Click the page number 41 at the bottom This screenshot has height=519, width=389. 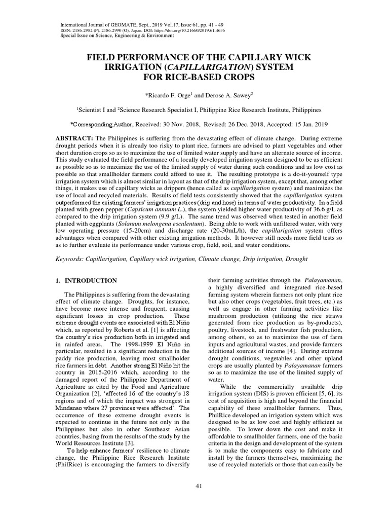point(199,487)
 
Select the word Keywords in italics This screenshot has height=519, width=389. point(70,259)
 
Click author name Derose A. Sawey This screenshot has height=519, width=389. point(225,95)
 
